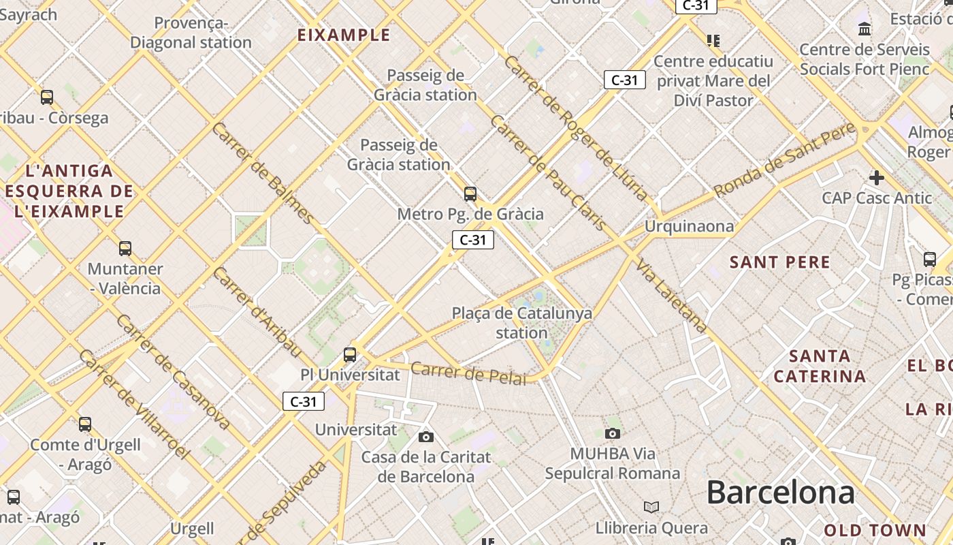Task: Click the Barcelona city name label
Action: [x=780, y=492]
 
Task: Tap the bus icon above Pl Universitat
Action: [x=350, y=354]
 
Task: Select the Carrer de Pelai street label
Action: [x=469, y=373]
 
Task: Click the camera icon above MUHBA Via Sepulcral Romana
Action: [x=613, y=433]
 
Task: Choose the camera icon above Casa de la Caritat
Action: [x=426, y=437]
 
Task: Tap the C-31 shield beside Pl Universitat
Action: [x=304, y=401]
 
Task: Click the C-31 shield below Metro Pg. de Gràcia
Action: [x=473, y=239]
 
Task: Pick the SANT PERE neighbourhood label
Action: [x=780, y=262]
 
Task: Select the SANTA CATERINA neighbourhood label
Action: [x=820, y=366]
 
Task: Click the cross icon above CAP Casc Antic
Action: [x=877, y=178]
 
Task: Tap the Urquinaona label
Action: [x=690, y=226]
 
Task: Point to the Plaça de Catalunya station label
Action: [x=522, y=323]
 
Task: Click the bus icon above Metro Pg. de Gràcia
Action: [x=470, y=194]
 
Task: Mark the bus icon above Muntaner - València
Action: [x=125, y=248]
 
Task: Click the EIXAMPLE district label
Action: [x=344, y=35]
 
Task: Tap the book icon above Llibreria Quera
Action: [x=651, y=508]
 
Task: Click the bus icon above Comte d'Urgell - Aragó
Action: [x=85, y=424]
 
